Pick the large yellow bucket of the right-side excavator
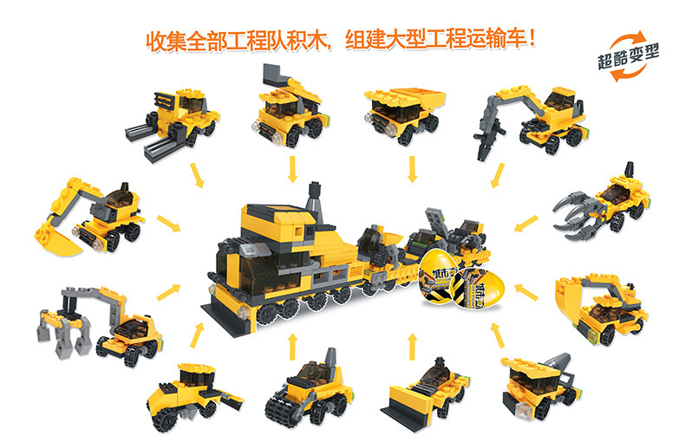click(577, 295)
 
